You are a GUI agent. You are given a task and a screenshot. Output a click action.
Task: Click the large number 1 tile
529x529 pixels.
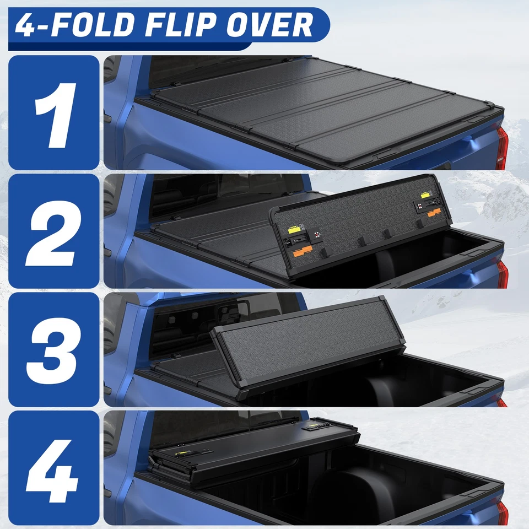[54, 113]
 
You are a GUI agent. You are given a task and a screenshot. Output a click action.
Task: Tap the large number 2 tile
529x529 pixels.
[54, 231]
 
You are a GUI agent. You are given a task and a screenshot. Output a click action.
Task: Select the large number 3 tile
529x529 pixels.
[54, 349]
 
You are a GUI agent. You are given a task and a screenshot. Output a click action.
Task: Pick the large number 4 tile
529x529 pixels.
[54, 468]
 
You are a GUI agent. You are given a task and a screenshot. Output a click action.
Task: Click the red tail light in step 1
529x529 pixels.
[501, 148]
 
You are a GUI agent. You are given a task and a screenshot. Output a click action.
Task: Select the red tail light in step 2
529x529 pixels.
[502, 274]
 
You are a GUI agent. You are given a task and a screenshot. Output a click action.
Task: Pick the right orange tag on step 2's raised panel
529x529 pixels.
[433, 212]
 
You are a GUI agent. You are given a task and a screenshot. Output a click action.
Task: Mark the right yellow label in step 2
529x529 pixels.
[426, 195]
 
